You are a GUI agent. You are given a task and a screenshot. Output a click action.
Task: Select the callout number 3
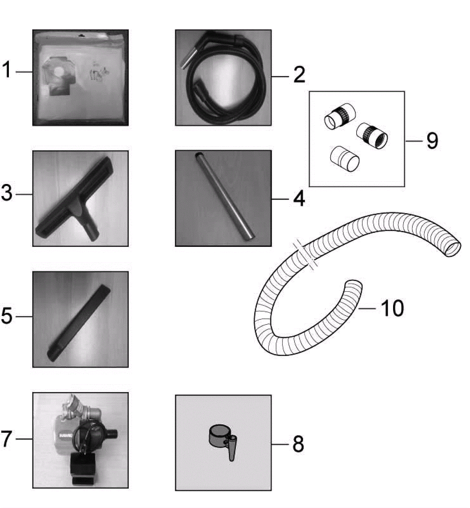pos(6,193)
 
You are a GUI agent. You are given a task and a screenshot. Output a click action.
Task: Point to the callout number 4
pos(299,199)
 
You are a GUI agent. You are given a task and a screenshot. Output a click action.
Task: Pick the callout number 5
pos(6,316)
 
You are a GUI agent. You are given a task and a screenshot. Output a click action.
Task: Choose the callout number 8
pos(298,444)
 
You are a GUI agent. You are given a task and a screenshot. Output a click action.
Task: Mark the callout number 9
pos(432,141)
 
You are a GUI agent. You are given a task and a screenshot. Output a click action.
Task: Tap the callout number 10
pos(392,308)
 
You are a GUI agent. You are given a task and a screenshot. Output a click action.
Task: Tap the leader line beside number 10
pos(367,308)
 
